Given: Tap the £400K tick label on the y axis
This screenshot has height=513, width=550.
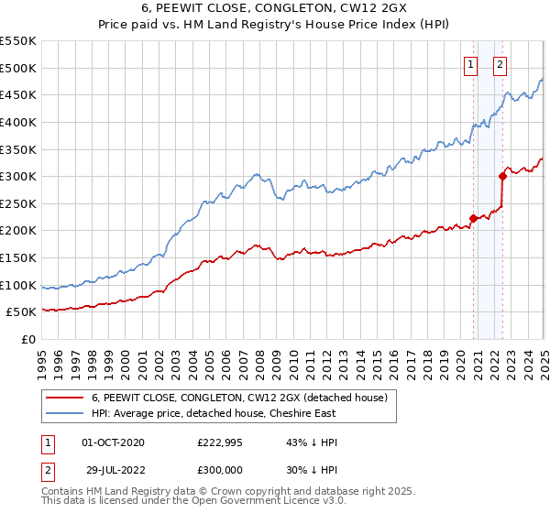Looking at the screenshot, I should coord(18,122).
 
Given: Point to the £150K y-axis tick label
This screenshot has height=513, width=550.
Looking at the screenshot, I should coord(18,258).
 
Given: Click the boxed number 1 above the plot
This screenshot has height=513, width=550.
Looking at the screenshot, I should coord(470,64).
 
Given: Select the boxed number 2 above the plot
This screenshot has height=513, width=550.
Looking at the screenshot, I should coord(500,64).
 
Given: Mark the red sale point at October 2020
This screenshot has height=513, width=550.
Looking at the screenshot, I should coord(473,218).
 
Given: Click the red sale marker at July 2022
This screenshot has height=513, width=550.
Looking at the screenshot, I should coord(503,176).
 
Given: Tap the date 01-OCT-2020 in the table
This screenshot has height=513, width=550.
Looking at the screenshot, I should coord(113,442).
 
